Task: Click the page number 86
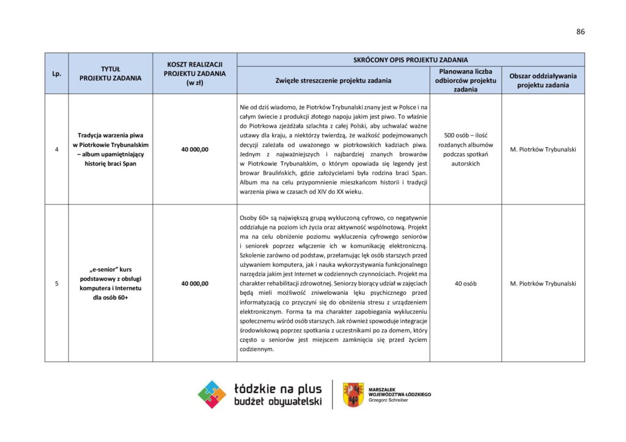[x=580, y=32]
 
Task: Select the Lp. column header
[x=56, y=73]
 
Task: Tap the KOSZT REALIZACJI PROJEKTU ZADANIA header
[x=194, y=73]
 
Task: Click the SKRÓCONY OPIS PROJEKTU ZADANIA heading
[x=410, y=60]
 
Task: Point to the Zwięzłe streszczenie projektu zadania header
[x=333, y=80]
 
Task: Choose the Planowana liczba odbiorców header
[x=466, y=80]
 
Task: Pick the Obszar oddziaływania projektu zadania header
[x=543, y=80]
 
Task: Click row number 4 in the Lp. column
[x=56, y=150]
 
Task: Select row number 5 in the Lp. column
[x=56, y=283]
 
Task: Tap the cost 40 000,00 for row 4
[x=194, y=150]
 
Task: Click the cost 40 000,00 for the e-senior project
[x=194, y=283]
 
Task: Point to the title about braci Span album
[x=111, y=150]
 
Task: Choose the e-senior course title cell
[x=111, y=283]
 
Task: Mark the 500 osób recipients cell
[x=466, y=150]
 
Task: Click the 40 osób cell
[x=466, y=283]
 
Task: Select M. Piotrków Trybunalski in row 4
[x=543, y=150]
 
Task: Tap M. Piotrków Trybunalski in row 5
[x=543, y=283]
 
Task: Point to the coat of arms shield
[x=353, y=394]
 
